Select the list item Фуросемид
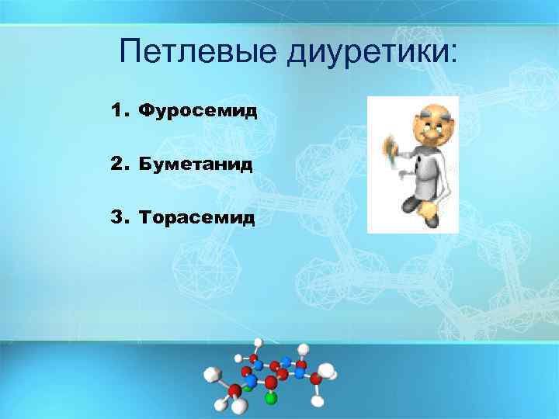pos(197,112)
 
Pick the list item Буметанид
pos(196,164)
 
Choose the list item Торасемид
pos(196,218)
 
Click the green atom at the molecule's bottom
pos(270,399)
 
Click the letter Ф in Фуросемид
pos(145,112)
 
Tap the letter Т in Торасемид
pos(144,218)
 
